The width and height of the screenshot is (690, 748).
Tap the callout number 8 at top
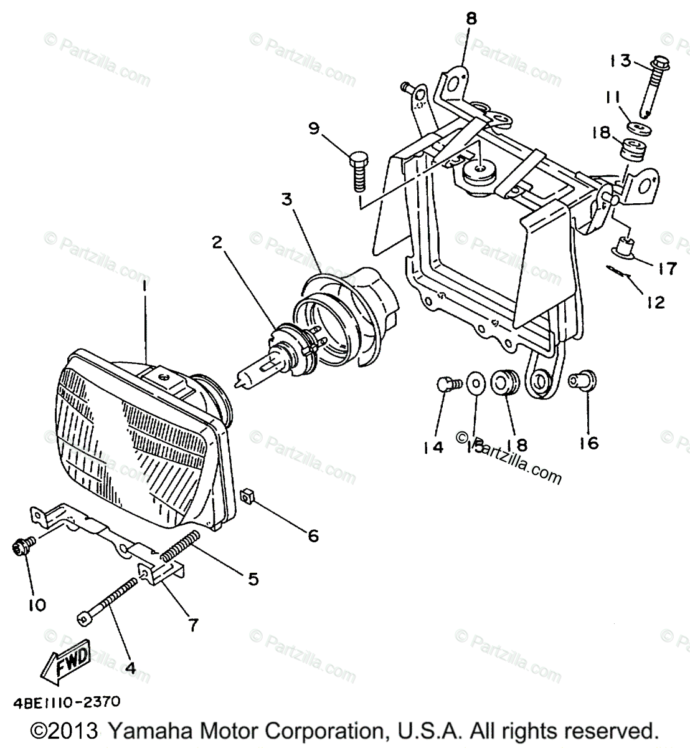471,18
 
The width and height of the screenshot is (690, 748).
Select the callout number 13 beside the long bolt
620,60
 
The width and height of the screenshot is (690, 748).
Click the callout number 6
312,535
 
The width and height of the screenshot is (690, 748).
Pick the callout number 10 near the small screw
37,605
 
